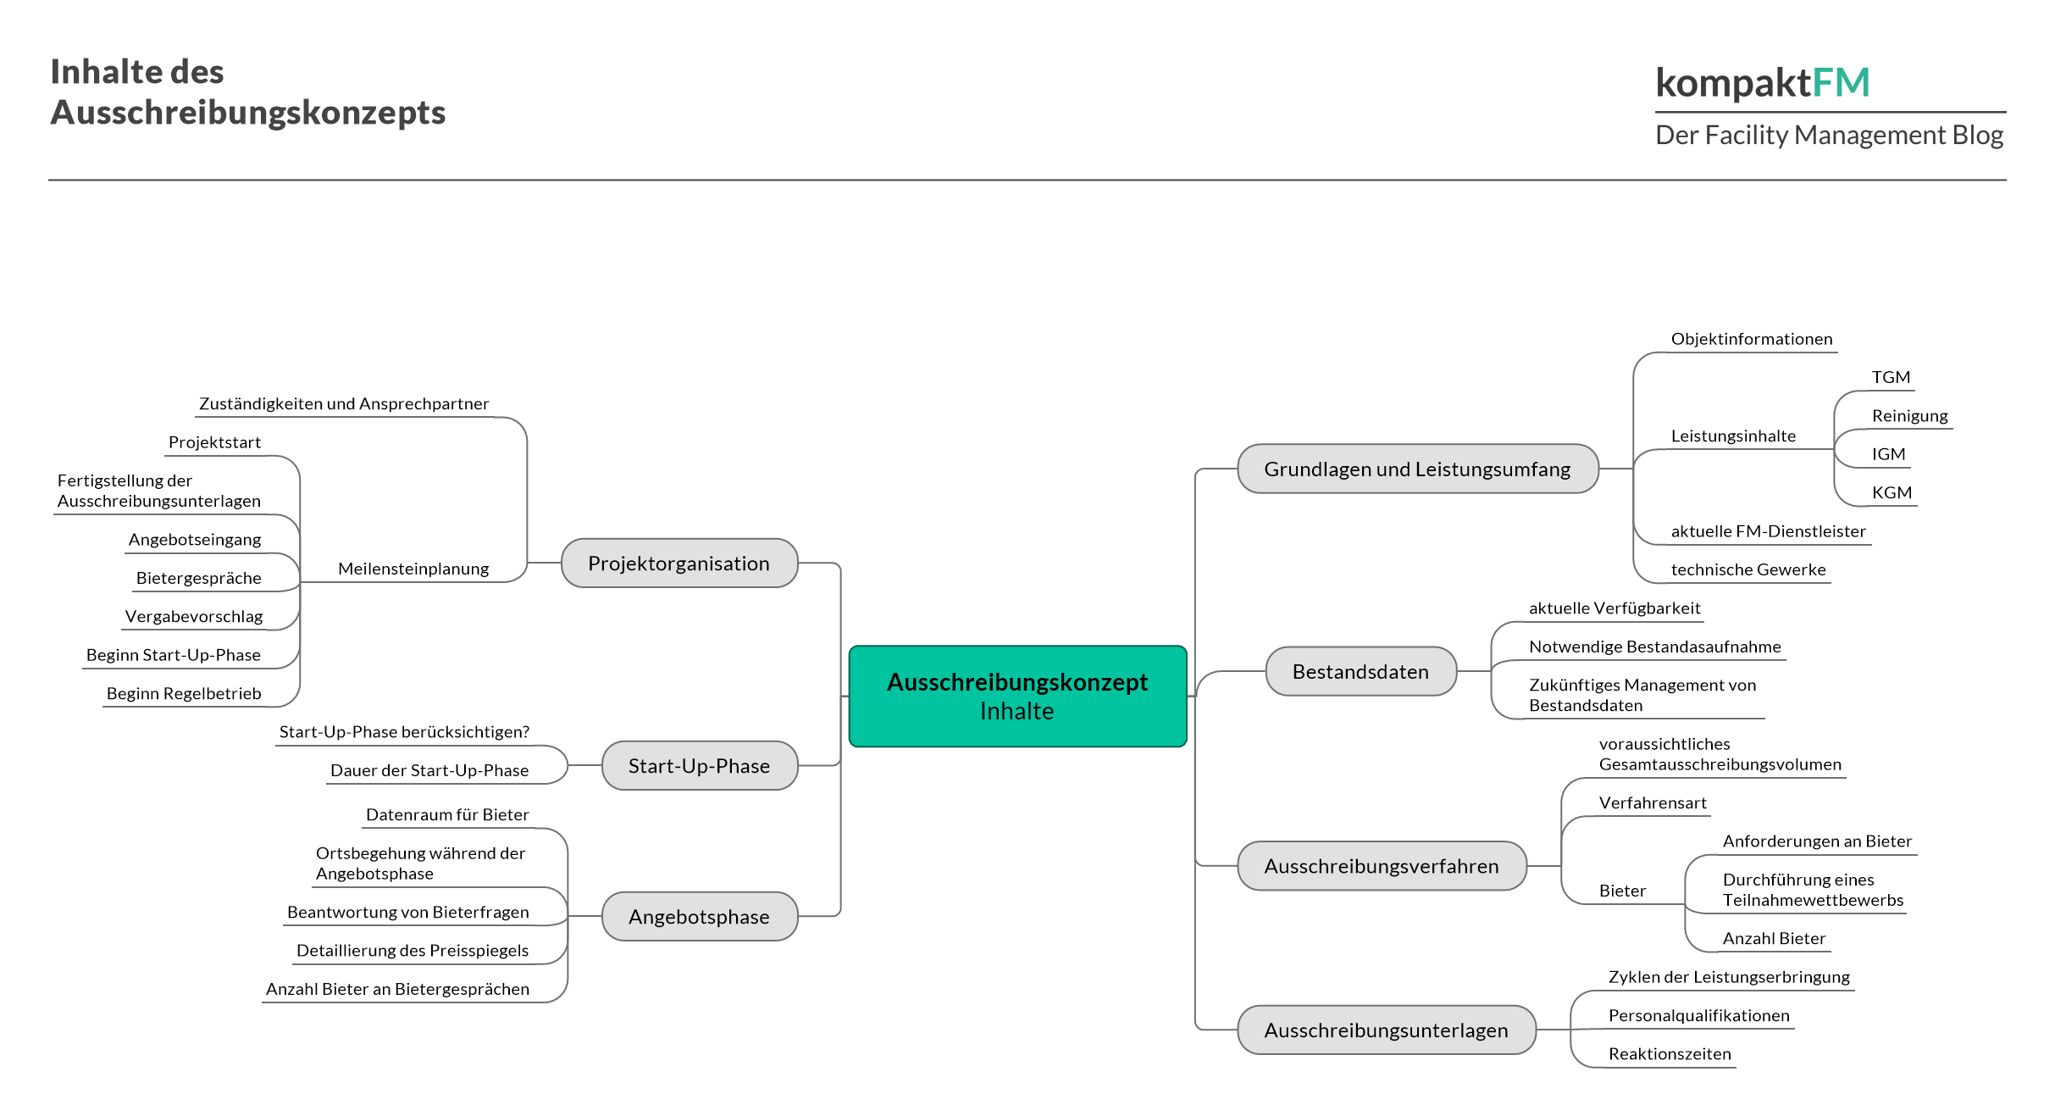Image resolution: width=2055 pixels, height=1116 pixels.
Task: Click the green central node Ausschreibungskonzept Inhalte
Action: (1017, 696)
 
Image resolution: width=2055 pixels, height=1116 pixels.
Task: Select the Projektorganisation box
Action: (679, 563)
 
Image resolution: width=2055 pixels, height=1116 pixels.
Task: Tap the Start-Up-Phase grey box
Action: (700, 765)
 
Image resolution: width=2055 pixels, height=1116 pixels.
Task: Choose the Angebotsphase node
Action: (700, 916)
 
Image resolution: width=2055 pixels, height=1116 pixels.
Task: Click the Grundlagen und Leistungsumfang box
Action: (1418, 469)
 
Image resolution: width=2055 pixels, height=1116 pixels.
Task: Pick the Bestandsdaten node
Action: (1361, 671)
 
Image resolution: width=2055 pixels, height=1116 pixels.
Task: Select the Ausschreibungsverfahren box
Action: (1382, 865)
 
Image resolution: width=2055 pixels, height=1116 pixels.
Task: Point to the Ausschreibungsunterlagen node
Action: (1387, 1030)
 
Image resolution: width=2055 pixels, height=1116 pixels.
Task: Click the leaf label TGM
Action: (1891, 377)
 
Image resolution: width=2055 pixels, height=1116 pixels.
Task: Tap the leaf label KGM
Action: (1892, 492)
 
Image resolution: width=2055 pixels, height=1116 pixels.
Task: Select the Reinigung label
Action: (1909, 416)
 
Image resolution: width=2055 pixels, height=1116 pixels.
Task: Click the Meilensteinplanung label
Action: (413, 569)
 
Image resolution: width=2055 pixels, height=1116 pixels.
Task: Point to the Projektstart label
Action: (214, 442)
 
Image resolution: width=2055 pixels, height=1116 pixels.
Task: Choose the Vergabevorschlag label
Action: (194, 617)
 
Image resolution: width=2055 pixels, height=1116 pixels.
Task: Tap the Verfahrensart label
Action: (1653, 802)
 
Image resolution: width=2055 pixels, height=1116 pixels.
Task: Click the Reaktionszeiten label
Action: (1670, 1054)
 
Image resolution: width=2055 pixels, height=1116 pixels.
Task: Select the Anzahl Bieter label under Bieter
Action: (1774, 938)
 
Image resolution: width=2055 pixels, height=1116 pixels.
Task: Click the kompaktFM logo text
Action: (1763, 83)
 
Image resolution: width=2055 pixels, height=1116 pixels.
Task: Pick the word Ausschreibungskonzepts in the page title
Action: (248, 113)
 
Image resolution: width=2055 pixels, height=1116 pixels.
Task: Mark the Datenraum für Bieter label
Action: (447, 814)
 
